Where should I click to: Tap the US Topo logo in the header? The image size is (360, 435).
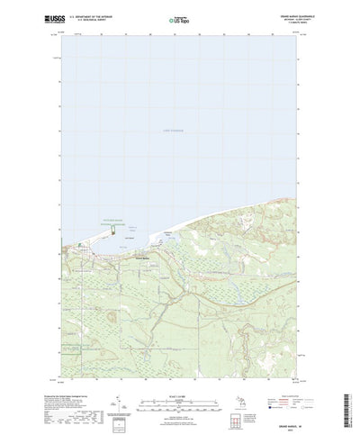point(180,18)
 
